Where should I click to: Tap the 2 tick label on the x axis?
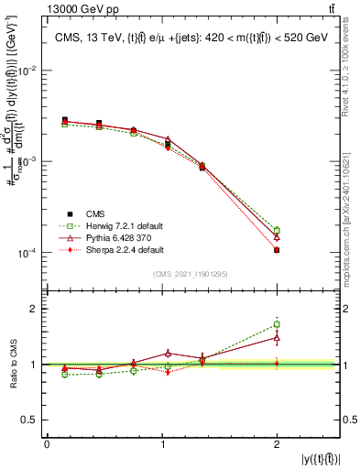277,444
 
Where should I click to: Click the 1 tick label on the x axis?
161,444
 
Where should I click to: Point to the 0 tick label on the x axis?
47,444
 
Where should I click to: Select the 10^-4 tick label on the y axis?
28,253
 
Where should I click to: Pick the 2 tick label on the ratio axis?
36,309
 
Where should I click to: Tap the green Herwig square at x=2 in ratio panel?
277,324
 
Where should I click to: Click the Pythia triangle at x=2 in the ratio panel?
277,337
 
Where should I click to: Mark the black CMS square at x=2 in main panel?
277,250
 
